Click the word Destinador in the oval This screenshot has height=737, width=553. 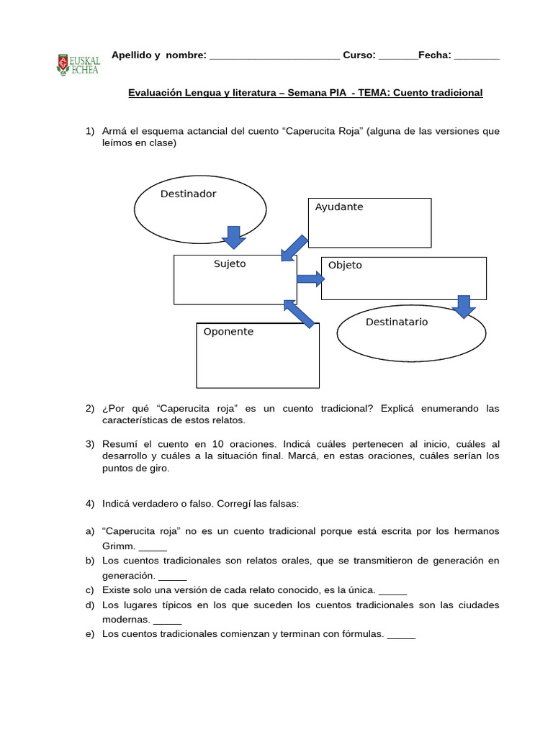coord(188,194)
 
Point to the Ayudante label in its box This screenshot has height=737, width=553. coord(339,207)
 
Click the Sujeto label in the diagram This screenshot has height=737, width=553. coord(230,264)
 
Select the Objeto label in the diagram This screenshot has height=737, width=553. coord(345,266)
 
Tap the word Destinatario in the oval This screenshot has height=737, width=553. coord(397,322)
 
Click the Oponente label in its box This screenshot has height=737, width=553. coord(228,332)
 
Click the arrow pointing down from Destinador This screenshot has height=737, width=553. coord(233,236)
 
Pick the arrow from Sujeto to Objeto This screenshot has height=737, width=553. coord(310,279)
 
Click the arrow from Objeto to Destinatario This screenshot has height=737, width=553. coord(464,305)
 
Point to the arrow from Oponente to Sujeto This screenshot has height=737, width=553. coord(300,314)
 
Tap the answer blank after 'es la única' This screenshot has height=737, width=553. coord(392,592)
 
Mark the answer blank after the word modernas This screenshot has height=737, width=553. coord(168,620)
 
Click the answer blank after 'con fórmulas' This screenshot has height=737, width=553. coord(401,636)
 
